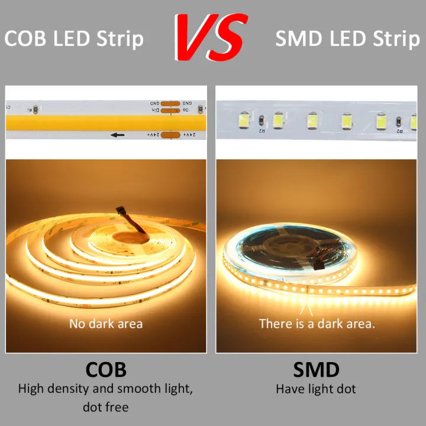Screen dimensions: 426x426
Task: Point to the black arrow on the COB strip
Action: (x=118, y=135)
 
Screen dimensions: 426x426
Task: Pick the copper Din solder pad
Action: (x=170, y=111)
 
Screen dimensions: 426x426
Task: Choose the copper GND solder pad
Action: (x=170, y=104)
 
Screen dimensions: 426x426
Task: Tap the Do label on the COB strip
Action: (x=186, y=111)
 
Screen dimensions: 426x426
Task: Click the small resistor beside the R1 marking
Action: (x=35, y=108)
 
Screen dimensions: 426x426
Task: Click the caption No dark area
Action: (x=106, y=324)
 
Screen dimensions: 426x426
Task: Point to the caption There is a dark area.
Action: (x=317, y=324)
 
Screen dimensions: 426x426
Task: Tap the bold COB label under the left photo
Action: (x=106, y=370)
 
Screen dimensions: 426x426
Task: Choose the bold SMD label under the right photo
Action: (x=317, y=370)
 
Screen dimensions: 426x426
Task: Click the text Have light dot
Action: (x=316, y=389)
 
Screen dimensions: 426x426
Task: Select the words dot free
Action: (x=106, y=407)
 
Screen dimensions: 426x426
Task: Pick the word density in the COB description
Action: (x=64, y=389)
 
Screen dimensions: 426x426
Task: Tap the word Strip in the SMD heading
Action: (x=396, y=39)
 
